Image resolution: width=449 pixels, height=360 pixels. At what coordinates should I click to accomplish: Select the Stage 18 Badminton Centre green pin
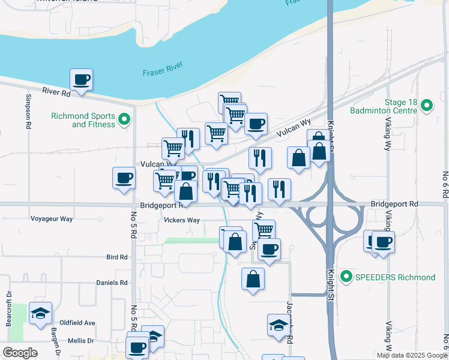coord(427,106)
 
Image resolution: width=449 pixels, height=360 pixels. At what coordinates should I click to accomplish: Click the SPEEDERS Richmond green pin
coord(346,277)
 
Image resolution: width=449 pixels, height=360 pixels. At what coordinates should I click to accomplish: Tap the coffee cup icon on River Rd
coord(81,79)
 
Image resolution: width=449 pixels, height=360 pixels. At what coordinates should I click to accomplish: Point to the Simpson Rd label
coord(28,111)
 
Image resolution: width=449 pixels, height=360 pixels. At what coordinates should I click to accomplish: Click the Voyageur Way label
coord(52,219)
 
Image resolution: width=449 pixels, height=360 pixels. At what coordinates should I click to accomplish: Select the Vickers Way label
coord(182,220)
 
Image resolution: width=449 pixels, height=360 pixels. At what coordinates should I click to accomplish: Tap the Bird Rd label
coord(116,257)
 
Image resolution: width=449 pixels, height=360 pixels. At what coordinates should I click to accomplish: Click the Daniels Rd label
coord(112,282)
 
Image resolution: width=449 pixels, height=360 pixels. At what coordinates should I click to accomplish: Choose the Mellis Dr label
coord(81,340)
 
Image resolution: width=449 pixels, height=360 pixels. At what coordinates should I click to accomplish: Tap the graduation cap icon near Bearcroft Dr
coord(41,313)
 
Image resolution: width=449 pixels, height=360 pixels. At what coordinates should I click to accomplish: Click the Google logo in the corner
coord(20,353)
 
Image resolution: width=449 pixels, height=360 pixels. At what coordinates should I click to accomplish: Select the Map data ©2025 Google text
coord(412,355)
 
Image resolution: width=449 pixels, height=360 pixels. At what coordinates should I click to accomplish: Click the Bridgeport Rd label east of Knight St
coord(394,204)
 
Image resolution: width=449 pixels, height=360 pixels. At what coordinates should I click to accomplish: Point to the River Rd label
coord(56,92)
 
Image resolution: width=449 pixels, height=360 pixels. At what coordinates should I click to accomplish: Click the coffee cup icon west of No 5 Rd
coord(124,178)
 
